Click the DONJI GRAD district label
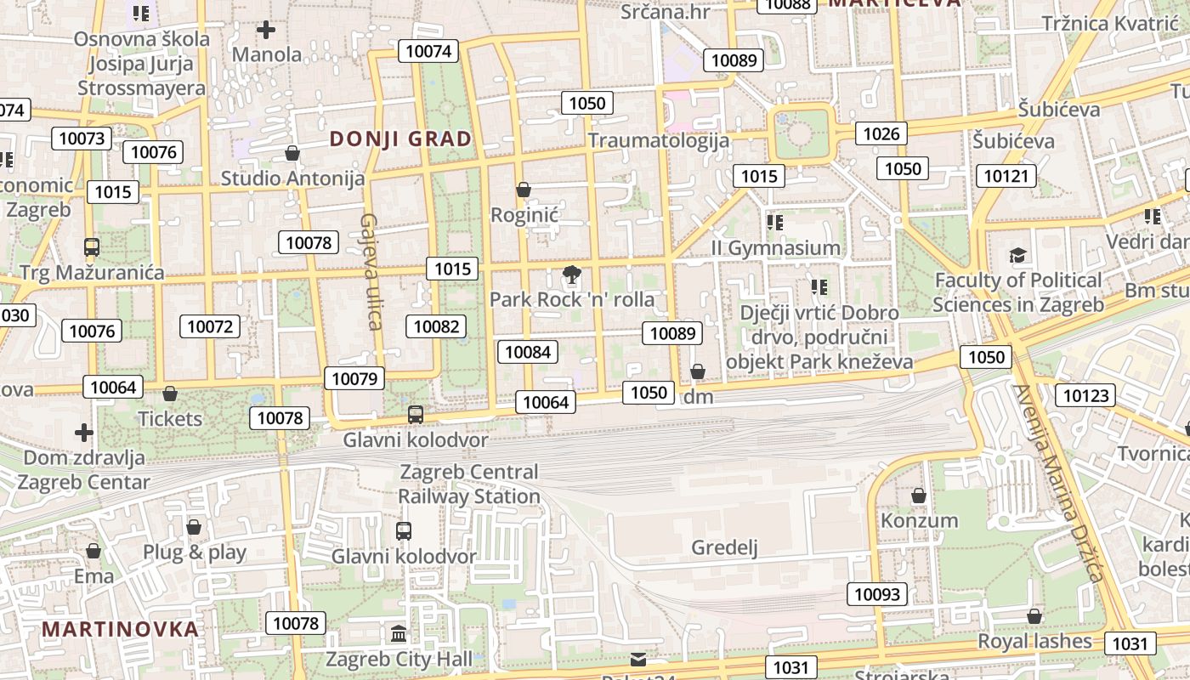click(400, 139)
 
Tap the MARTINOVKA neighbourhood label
click(121, 629)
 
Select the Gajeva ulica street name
click(370, 270)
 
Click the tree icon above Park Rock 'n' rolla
click(572, 275)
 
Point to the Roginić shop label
click(524, 214)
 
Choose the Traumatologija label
click(659, 140)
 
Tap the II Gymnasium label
click(775, 247)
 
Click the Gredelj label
click(724, 547)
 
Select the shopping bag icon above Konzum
click(919, 496)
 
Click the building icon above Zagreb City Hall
click(399, 634)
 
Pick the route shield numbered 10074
click(428, 51)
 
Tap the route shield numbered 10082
click(437, 326)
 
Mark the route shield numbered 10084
click(528, 352)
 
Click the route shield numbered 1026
click(881, 133)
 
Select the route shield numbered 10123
click(1085, 395)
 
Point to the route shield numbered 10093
click(876, 594)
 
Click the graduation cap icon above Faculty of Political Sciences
click(1017, 255)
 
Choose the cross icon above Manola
click(266, 31)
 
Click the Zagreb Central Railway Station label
click(469, 484)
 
